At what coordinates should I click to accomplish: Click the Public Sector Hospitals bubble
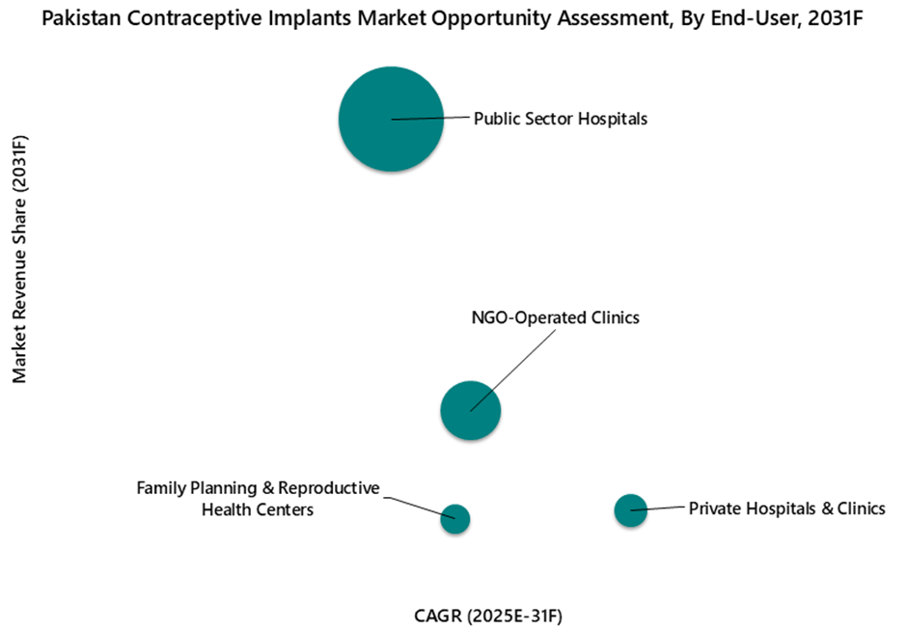391,119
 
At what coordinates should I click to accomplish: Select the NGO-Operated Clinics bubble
470,411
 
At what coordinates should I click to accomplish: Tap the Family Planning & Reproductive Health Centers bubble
454,519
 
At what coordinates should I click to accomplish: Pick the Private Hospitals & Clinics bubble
630,509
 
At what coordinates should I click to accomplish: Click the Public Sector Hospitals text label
560,119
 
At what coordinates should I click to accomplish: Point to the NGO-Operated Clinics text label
555,317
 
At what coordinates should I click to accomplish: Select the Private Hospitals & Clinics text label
786,508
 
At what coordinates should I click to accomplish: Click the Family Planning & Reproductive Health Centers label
258,499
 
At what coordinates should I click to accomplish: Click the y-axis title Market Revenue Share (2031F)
20,259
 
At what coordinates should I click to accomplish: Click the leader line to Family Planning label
417,508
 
